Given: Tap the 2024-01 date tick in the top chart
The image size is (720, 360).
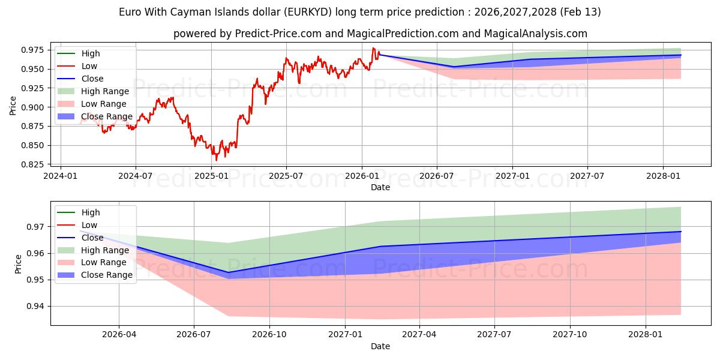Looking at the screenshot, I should [x=61, y=176].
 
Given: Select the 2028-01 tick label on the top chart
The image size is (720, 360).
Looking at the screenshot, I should [x=663, y=176].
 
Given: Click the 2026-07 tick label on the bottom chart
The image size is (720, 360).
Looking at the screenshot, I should [x=194, y=334].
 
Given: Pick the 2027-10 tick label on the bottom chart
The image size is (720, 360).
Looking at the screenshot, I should [x=570, y=334].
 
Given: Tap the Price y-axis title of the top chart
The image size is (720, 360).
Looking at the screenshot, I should [x=13, y=106].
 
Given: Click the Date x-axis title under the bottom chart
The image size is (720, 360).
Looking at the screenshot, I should [x=380, y=346].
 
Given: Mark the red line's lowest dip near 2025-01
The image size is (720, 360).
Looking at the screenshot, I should [x=217, y=160].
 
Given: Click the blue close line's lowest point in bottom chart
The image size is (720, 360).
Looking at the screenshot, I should [x=228, y=272].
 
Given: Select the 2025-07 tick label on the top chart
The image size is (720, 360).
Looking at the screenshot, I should [x=286, y=176].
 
